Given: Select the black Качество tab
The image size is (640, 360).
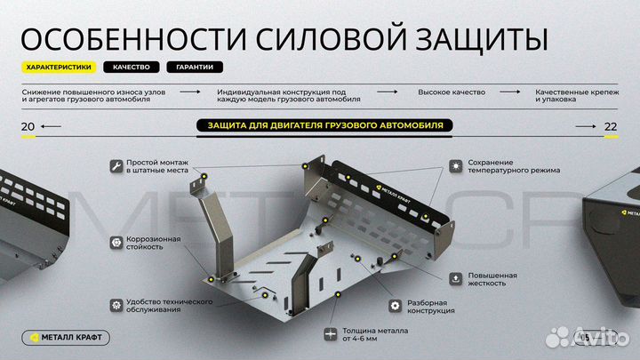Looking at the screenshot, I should [132, 68].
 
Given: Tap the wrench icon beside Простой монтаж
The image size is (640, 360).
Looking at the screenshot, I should [116, 165].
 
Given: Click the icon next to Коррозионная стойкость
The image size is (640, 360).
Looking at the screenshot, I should [116, 242].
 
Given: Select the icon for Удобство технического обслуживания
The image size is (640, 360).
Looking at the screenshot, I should [116, 305].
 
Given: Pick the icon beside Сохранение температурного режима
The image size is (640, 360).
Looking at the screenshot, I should [455, 165].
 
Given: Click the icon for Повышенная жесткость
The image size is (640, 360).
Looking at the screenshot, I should [455, 278].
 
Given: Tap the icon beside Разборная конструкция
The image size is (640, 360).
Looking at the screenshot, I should [394, 305].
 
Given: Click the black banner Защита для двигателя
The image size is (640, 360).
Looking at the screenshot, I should [319, 125].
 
